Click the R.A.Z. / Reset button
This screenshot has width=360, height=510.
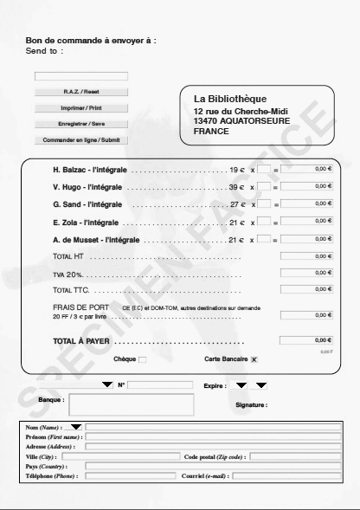[81, 92]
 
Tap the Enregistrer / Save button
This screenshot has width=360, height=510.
[81, 124]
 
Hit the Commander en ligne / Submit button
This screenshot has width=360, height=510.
[81, 139]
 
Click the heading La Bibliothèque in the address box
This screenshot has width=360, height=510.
[230, 99]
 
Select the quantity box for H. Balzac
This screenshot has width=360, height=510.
[264, 170]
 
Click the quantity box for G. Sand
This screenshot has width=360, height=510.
[264, 204]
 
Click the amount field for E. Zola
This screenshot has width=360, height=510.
[306, 222]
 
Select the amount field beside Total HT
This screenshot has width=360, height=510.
[306, 256]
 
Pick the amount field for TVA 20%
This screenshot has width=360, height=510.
[306, 273]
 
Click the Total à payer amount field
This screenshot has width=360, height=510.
[306, 340]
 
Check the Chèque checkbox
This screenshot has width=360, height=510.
[143, 359]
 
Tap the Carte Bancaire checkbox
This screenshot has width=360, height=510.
[254, 359]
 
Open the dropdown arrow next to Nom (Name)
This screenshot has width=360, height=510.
[76, 427]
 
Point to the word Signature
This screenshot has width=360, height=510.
[252, 404]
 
